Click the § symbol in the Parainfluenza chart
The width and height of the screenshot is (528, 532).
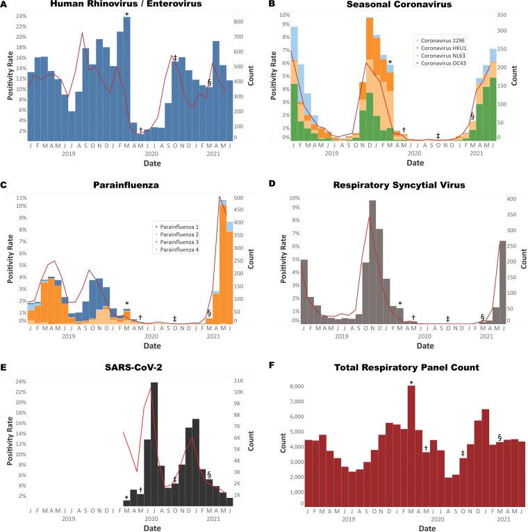point(208,313)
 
